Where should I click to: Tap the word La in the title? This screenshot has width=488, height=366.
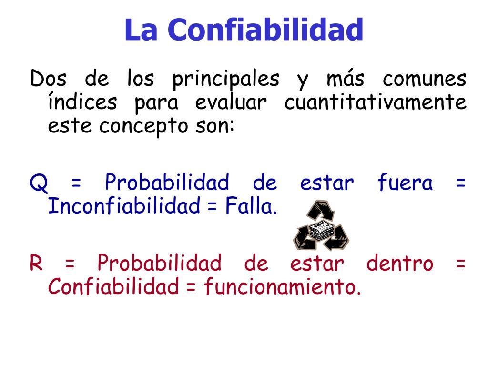pyautogui.click(x=141, y=30)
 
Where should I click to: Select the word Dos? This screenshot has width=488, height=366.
pyautogui.click(x=47, y=79)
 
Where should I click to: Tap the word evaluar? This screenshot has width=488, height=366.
pyautogui.click(x=230, y=102)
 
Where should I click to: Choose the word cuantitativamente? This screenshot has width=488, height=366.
pyautogui.click(x=376, y=102)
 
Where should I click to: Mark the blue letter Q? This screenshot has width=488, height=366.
pyautogui.click(x=38, y=183)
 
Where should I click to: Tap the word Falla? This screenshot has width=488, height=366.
pyautogui.click(x=251, y=206)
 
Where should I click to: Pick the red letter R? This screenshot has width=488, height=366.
pyautogui.click(x=36, y=263)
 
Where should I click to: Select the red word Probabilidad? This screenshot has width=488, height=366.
pyautogui.click(x=160, y=263)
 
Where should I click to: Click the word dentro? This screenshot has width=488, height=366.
pyautogui.click(x=400, y=263)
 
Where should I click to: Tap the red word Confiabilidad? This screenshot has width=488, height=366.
pyautogui.click(x=113, y=287)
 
